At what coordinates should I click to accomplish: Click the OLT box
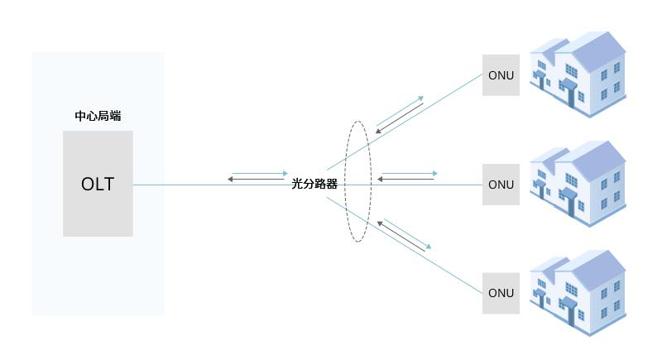tap(98, 184)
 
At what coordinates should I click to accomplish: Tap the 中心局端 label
tap(98, 116)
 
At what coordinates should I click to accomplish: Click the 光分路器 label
tap(314, 184)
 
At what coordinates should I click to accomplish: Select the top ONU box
tap(501, 75)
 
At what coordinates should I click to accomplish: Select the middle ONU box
tap(501, 185)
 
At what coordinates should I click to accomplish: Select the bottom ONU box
tap(501, 293)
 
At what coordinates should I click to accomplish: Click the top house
tap(578, 74)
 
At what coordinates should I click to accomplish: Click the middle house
tap(578, 184)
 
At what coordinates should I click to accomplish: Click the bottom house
tap(578, 293)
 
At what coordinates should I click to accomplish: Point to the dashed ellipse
tap(345, 181)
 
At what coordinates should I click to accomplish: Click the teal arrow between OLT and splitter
tap(260, 173)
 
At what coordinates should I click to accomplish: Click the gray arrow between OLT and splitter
tap(256, 180)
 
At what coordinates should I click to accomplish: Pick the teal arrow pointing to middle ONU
tap(410, 173)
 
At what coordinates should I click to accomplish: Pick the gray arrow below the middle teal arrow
tap(405, 180)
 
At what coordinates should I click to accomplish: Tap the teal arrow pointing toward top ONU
tap(400, 111)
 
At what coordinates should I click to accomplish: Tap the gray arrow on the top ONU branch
tap(400, 118)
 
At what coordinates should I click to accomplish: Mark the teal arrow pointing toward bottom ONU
tap(407, 234)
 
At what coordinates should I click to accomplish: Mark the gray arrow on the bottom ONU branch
tap(401, 237)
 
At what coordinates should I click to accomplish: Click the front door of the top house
tap(570, 96)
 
